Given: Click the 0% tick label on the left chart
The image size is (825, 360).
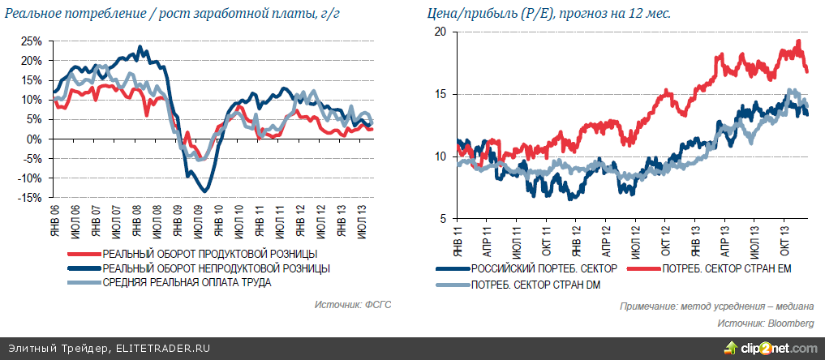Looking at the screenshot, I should (x=36, y=139).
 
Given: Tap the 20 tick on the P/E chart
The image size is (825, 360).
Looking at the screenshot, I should (x=440, y=32).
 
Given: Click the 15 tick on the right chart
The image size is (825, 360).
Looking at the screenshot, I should (x=440, y=94).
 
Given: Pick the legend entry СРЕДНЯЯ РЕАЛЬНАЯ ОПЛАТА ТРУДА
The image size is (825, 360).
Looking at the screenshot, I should (x=187, y=281).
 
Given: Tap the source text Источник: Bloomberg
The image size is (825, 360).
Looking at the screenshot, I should (x=766, y=324).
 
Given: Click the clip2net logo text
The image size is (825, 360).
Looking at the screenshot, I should (x=779, y=349).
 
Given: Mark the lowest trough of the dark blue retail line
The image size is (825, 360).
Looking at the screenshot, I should (x=206, y=191).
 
